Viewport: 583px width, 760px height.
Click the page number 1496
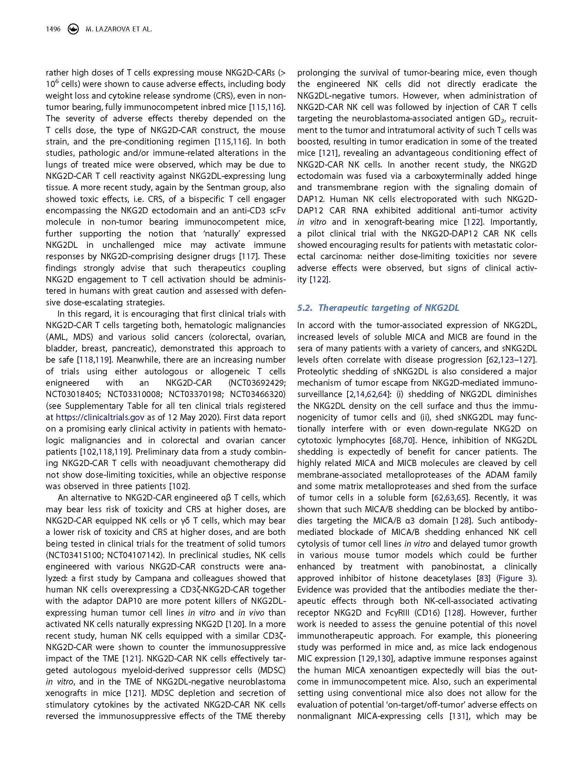[53, 30]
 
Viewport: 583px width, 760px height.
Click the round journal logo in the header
[73, 30]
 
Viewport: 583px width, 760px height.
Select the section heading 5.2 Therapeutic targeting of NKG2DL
[378, 308]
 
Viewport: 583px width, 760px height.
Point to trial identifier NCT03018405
[73, 394]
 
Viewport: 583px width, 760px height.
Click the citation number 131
[457, 716]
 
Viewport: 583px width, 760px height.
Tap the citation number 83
[484, 578]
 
